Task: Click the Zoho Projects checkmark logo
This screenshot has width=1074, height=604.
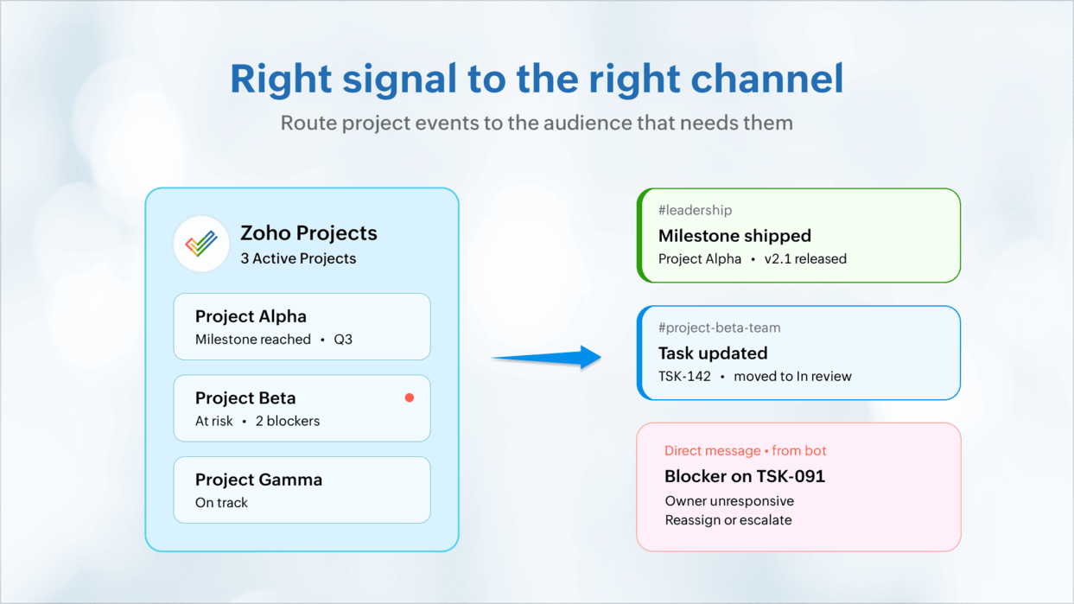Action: point(201,244)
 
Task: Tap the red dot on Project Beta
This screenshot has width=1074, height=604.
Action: point(410,397)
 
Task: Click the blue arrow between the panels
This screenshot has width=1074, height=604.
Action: point(546,357)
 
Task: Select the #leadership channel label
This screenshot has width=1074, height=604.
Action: point(695,210)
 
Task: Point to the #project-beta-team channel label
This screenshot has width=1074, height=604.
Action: point(719,327)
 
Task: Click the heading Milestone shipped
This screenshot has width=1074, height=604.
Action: point(734,235)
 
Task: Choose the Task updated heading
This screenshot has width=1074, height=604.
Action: point(713,353)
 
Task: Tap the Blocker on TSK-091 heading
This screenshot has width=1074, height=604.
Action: point(745,476)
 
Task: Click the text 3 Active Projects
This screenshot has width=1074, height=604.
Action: point(298,258)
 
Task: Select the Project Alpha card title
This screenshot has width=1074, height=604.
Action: point(251,316)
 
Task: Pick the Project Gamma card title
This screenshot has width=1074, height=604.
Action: point(258,480)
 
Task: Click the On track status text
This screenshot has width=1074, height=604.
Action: point(221,502)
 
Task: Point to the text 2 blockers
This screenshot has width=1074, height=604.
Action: point(288,421)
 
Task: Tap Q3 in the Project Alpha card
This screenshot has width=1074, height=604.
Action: point(343,340)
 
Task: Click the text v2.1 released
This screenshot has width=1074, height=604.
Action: point(805,259)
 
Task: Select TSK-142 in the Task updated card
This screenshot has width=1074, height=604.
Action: point(684,376)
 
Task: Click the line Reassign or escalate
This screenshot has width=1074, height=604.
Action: point(728,520)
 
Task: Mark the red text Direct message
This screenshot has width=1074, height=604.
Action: point(713,450)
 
